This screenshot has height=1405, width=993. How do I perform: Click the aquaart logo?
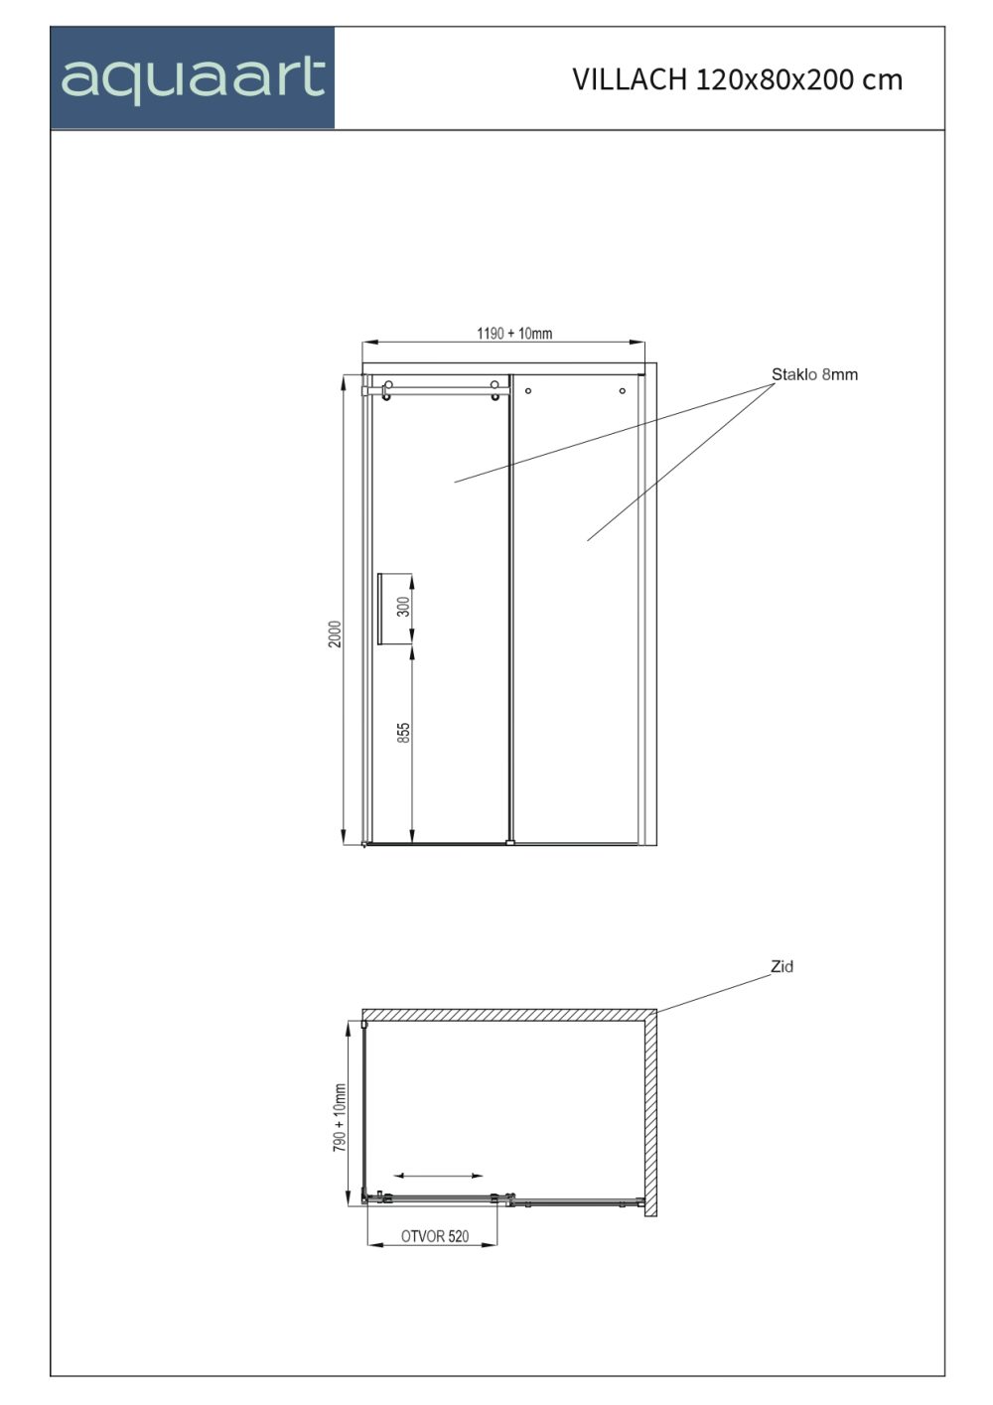coord(193,78)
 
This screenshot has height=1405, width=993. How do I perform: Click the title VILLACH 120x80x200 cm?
coord(737,79)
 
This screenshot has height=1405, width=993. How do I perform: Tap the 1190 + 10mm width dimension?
coord(514,333)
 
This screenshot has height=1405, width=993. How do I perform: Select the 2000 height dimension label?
coord(335,634)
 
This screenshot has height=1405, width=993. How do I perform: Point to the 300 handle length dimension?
coord(403,607)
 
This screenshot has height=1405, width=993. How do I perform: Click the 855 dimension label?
coord(403,733)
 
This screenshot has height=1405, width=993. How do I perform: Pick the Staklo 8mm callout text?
coord(814,374)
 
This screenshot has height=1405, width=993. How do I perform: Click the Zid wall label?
coord(781,966)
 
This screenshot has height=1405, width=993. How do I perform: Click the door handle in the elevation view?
coord(378,609)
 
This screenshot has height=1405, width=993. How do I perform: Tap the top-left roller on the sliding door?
coord(388,384)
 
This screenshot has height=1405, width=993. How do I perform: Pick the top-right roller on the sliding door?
coord(495,384)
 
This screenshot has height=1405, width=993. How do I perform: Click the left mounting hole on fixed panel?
coord(528,391)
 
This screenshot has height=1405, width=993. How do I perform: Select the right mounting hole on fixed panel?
coord(623,391)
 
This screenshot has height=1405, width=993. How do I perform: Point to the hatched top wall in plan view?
coord(509,1015)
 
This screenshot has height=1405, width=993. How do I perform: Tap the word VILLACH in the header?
coord(630,79)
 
